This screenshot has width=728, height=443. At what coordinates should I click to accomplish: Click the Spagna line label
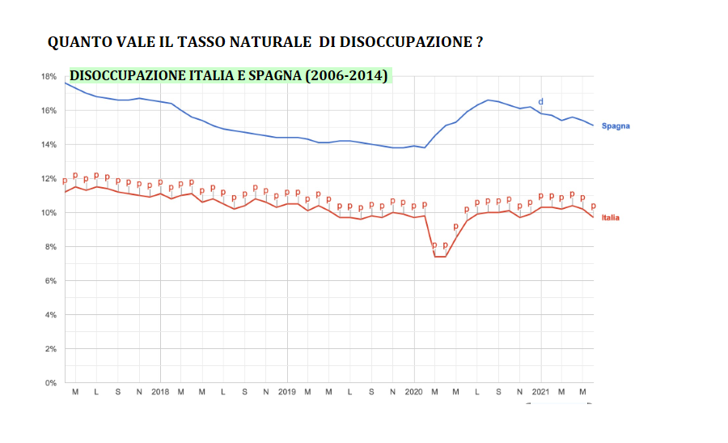pos(616,126)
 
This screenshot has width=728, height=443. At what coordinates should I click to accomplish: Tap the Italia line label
pos(611,218)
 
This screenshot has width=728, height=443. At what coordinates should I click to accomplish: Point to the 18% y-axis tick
pos(49,76)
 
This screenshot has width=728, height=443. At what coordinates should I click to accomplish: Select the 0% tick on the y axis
pos(50,382)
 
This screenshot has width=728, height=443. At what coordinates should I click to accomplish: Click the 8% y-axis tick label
pos(50,246)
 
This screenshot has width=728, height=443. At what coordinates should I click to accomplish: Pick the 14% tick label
pos(49,144)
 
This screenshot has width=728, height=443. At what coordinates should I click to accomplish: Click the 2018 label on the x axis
pos(160,392)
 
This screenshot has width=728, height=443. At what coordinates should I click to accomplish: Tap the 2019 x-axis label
pos(287,392)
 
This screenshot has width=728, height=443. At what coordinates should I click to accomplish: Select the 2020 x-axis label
pos(414,392)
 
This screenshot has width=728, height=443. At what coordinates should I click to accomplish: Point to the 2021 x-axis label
pos(541,392)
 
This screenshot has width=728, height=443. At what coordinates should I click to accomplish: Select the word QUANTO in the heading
pos(78,42)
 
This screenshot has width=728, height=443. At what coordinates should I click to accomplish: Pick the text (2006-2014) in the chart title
pos(345,75)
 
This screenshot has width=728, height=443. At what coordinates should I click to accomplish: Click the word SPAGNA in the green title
pos(272,75)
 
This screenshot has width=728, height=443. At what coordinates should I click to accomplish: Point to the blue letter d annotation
pos(541,101)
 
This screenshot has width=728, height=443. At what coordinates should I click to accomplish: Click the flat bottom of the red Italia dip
pos(440,256)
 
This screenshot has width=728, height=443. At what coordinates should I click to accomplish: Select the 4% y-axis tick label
pos(50,314)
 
